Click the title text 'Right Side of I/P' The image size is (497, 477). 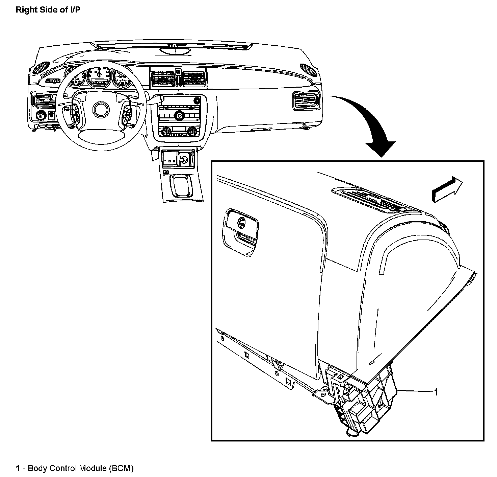[x=48, y=10]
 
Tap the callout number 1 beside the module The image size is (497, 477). [x=436, y=392]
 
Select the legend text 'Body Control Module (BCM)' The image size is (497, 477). [x=81, y=469]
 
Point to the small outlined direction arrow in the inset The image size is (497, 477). [x=447, y=190]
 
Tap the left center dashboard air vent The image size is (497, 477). [x=162, y=78]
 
